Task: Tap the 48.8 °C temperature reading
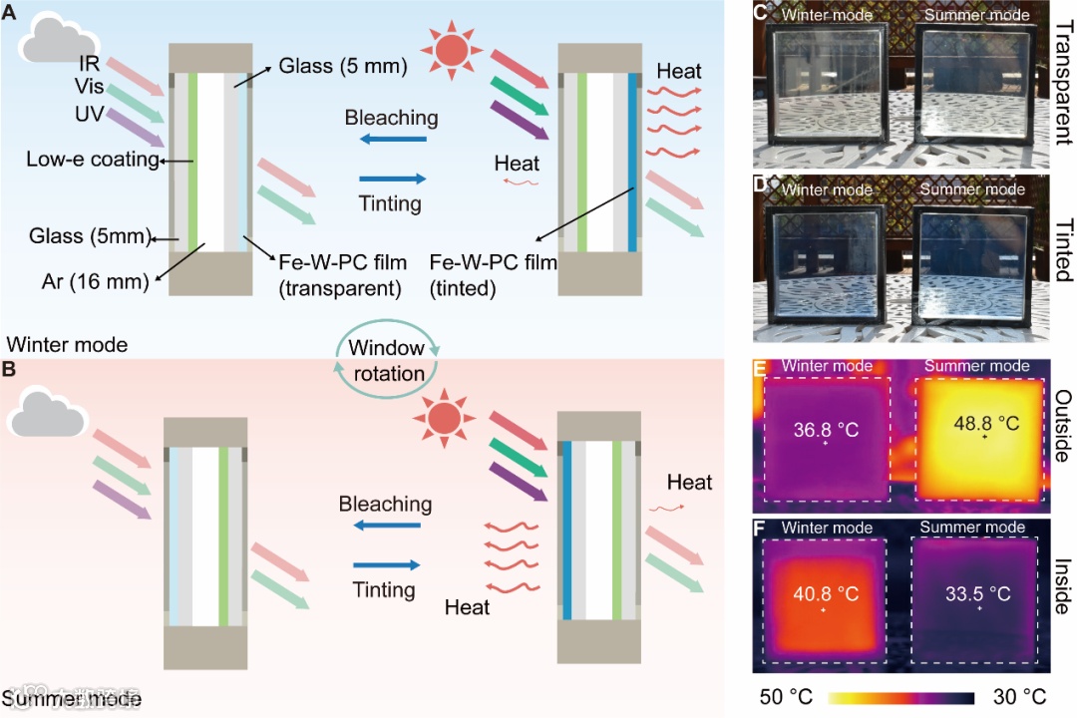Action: point(986,424)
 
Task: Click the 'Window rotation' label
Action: point(386,361)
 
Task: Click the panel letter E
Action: point(760,370)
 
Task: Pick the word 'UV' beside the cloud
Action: point(89,114)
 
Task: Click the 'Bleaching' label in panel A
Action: point(391,118)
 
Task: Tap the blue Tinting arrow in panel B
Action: point(386,564)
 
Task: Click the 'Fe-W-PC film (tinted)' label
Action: point(493,273)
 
